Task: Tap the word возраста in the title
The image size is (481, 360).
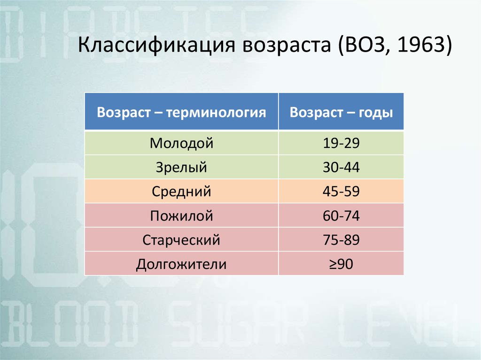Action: click(287, 45)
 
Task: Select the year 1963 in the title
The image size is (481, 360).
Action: click(420, 44)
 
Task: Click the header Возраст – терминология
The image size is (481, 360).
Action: click(181, 112)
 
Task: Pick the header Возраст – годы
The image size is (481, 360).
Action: click(341, 112)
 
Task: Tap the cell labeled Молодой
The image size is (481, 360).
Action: click(181, 143)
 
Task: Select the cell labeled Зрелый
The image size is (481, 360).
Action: click(181, 167)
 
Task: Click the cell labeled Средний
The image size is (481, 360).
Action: click(181, 191)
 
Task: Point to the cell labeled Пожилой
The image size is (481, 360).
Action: click(181, 215)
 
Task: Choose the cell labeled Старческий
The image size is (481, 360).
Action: click(181, 240)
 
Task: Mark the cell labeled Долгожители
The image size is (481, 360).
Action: click(181, 264)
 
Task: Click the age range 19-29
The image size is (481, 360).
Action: click(341, 143)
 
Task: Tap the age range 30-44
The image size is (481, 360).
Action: click(341, 168)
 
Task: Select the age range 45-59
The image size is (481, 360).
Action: click(341, 191)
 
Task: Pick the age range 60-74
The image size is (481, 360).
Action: click(341, 216)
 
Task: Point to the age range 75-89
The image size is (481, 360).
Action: click(341, 240)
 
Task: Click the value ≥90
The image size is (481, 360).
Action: click(341, 264)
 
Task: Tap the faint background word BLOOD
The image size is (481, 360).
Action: click(70, 326)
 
